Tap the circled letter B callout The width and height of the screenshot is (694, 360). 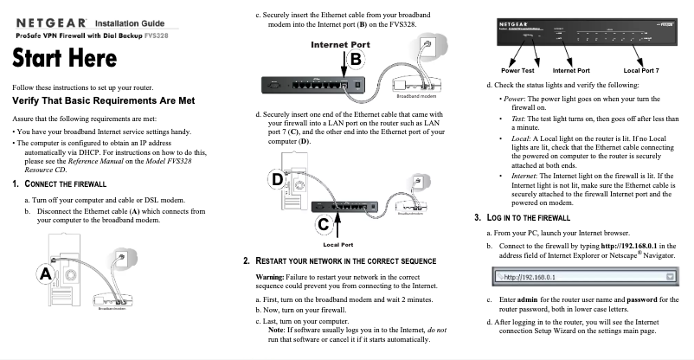click(356, 58)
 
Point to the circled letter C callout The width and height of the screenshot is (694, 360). click(323, 224)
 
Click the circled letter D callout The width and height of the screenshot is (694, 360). click(278, 179)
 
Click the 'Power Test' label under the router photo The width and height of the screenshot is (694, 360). click(517, 69)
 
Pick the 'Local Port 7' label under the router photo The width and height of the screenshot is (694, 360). click(640, 69)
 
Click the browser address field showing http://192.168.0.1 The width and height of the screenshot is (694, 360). click(580, 276)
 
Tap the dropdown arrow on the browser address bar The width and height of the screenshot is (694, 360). click(671, 276)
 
